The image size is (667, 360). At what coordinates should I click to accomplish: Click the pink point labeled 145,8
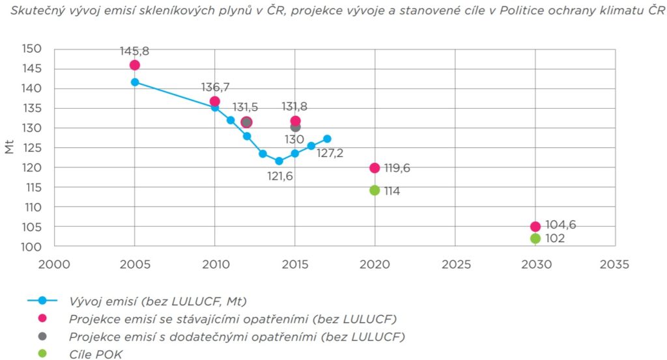(135, 65)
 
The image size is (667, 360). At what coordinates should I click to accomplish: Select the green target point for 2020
(375, 190)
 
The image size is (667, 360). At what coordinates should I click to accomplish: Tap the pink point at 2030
(535, 227)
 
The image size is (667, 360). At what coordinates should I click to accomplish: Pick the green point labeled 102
(535, 238)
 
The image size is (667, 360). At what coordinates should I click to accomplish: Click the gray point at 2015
(295, 127)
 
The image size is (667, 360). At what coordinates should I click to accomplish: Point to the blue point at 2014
(279, 161)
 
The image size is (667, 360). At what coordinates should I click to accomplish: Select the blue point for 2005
(135, 82)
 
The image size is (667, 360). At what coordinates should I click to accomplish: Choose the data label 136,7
(214, 87)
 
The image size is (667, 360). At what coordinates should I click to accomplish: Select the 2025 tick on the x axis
(455, 264)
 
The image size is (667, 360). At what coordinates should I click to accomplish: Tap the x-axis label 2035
(615, 264)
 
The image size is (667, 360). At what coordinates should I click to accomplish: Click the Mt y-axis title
(9, 148)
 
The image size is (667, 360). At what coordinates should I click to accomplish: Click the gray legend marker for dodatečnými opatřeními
(43, 337)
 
